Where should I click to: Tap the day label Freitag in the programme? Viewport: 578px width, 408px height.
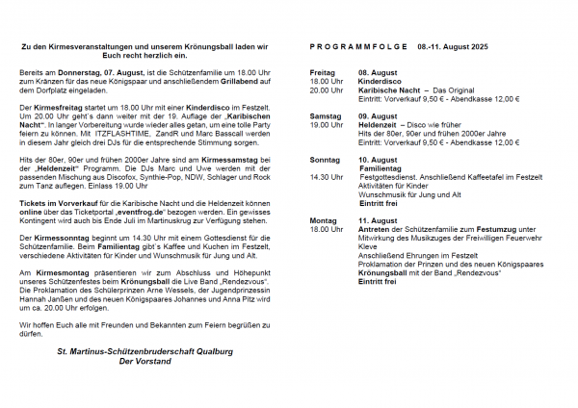click(323, 72)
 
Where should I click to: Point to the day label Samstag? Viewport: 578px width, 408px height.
click(325, 115)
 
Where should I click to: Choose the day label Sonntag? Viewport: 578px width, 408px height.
click(325, 160)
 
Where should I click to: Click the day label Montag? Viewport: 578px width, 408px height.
click(323, 220)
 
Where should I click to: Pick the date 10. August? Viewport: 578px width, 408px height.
click(379, 160)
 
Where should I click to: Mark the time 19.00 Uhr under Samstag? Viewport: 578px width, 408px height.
click(326, 124)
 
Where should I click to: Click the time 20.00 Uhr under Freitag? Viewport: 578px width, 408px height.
click(326, 89)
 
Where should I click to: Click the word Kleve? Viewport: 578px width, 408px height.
click(368, 246)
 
